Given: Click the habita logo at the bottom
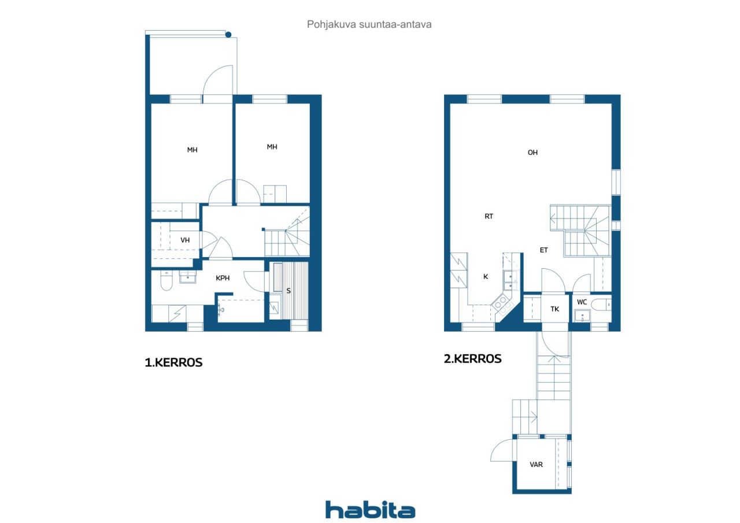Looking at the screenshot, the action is (370, 510).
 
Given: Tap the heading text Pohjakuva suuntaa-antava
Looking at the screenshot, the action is (369, 24).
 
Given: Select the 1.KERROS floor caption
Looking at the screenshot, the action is (173, 362).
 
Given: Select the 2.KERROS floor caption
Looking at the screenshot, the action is (472, 358).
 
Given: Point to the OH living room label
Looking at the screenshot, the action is (532, 153).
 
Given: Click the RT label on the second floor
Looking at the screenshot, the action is (489, 216).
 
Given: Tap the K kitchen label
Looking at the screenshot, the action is (486, 277).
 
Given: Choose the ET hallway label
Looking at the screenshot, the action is (544, 250).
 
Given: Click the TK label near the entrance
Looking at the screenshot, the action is (554, 309).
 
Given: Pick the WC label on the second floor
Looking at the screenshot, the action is (582, 302).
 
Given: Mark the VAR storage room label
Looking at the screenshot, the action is (536, 465).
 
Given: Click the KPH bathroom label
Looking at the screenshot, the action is (223, 278).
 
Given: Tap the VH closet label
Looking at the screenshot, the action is (185, 240).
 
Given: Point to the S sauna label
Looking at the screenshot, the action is (288, 291).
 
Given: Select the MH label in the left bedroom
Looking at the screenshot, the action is (193, 150).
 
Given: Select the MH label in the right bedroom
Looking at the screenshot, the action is (272, 147).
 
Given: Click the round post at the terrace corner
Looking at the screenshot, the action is (228, 34).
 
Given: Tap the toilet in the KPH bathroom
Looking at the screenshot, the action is (166, 281).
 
